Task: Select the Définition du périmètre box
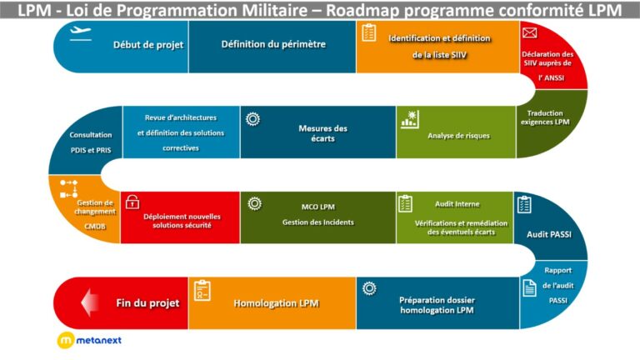[x=273, y=44]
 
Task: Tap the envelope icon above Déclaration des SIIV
[x=528, y=33]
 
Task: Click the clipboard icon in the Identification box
[x=369, y=32]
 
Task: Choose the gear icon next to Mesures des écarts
[x=252, y=118]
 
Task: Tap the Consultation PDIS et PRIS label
[x=91, y=141]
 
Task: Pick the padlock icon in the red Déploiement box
[x=132, y=202]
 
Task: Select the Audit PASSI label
[x=549, y=234]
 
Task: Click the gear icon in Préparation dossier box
[x=369, y=288]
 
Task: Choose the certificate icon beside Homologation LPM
[x=202, y=290]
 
